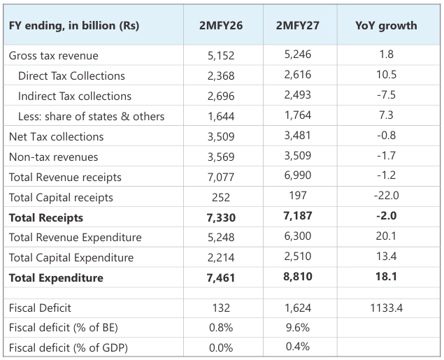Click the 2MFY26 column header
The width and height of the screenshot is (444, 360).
click(221, 25)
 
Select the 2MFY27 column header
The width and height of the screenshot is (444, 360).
click(298, 25)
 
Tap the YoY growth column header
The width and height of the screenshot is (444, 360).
click(386, 25)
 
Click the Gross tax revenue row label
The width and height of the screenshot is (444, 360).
click(54, 55)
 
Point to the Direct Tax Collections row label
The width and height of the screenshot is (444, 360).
click(71, 76)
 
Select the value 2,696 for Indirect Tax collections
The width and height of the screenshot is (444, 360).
click(221, 96)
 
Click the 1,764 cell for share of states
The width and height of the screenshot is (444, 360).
click(298, 115)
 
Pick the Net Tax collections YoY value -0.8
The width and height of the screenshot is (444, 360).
click(386, 136)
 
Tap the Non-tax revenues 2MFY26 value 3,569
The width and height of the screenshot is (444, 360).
click(221, 157)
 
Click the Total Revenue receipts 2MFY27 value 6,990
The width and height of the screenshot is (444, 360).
click(298, 175)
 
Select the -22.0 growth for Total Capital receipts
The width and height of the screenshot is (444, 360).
click(386, 196)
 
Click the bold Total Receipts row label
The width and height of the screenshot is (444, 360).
click(46, 217)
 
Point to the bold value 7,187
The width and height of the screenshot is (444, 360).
click(298, 216)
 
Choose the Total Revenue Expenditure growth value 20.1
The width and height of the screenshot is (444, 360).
click(386, 236)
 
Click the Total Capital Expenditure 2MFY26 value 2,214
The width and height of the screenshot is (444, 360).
click(221, 257)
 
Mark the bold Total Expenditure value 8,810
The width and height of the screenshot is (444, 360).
click(298, 276)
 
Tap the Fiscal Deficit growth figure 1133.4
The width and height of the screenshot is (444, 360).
click(386, 308)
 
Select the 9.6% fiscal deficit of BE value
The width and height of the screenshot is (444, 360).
click(298, 327)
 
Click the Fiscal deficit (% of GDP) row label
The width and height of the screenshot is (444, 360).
click(69, 347)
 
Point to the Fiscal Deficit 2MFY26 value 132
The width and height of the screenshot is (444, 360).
click(221, 308)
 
